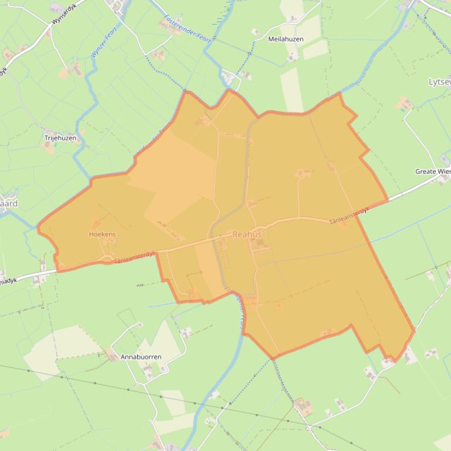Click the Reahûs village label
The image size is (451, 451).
point(247,234)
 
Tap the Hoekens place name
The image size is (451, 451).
point(102,234)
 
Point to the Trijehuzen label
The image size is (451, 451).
point(60,138)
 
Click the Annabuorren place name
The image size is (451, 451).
point(141,357)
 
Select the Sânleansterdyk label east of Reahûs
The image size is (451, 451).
point(348,217)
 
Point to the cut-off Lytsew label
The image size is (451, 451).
point(440,82)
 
